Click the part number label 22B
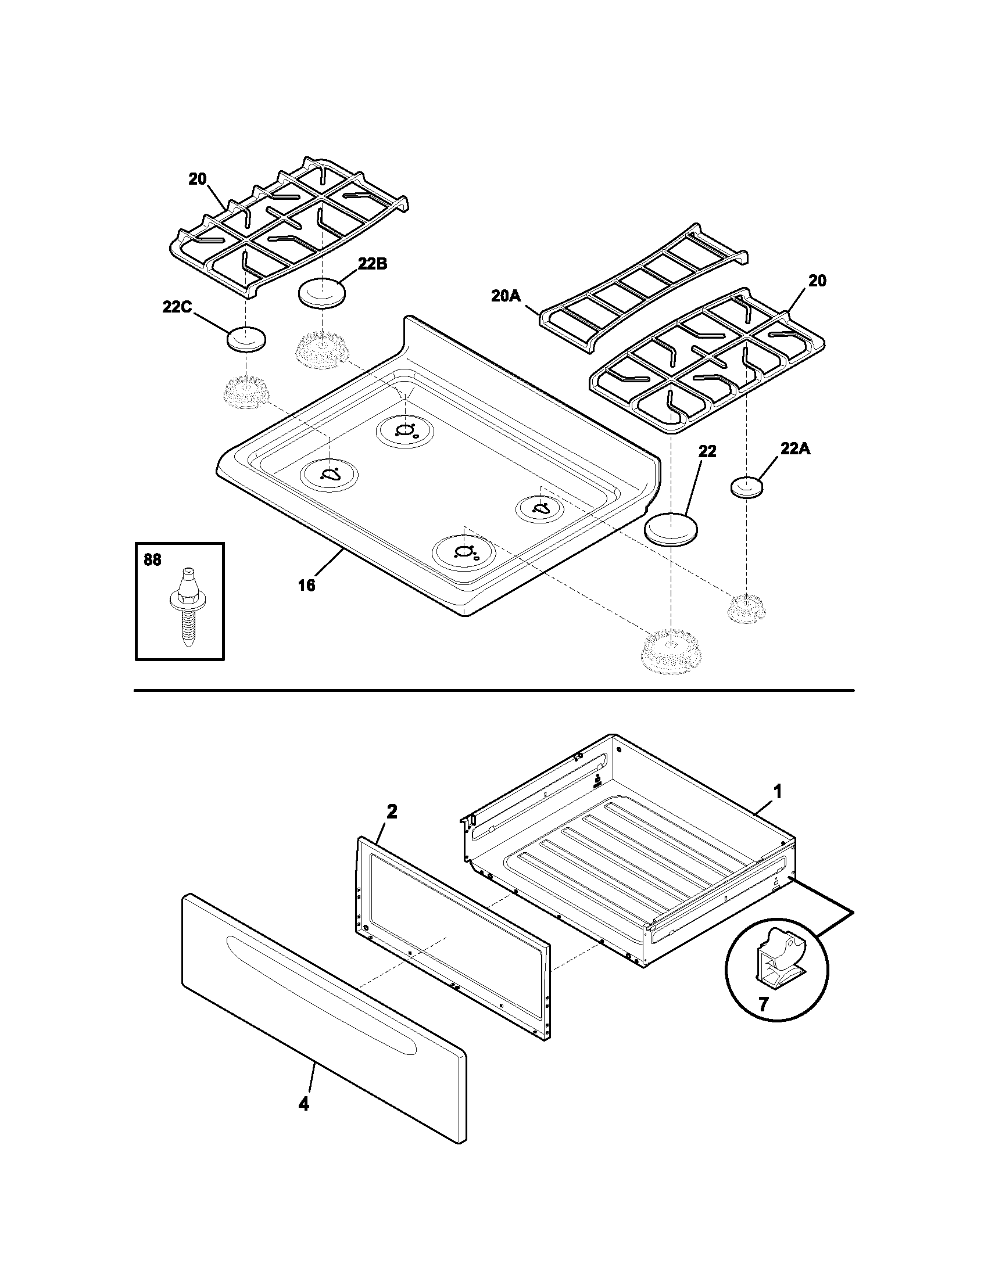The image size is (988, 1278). coord(373,264)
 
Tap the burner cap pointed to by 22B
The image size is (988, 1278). coord(321,293)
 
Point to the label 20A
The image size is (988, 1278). coord(506,296)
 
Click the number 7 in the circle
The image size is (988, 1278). coord(763,1004)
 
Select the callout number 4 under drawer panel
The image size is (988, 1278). coord(303,1104)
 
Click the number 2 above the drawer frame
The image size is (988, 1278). coord(392,811)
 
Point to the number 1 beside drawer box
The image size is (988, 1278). coord(777,792)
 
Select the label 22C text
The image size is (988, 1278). coord(177,307)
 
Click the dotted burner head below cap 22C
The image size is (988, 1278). coord(246,392)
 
